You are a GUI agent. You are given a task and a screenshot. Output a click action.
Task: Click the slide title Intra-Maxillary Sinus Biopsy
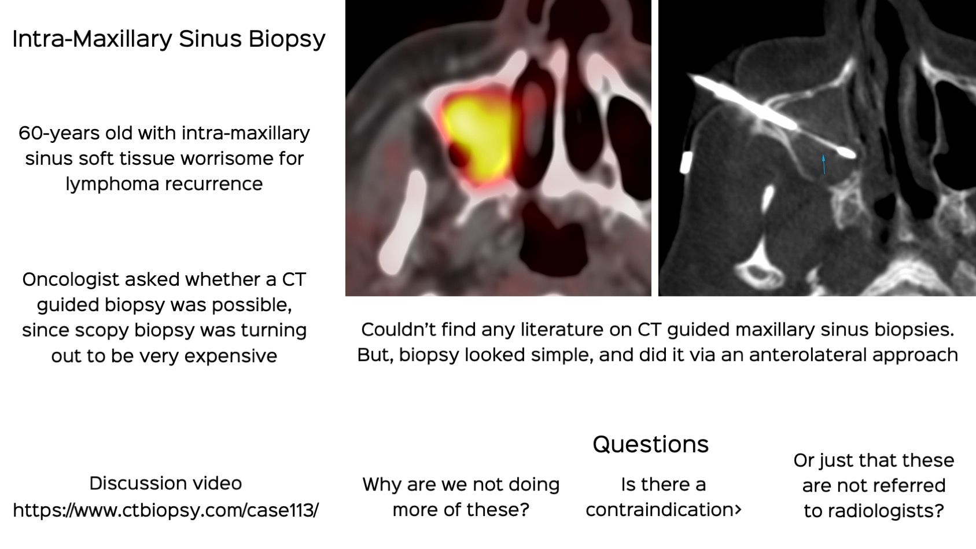pos(168,39)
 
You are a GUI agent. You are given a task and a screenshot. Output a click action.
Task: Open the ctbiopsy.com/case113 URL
pos(165,511)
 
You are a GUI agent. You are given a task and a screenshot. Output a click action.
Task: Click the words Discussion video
pos(165,484)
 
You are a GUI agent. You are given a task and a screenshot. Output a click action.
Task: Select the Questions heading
pos(650,444)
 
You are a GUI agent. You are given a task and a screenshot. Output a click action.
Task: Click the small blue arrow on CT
pos(824,164)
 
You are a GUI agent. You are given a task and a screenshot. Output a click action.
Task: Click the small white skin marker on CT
pos(686,163)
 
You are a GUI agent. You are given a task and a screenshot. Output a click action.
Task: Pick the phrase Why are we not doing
pos(461,485)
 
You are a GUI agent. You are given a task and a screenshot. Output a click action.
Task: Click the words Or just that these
pos(874,460)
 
